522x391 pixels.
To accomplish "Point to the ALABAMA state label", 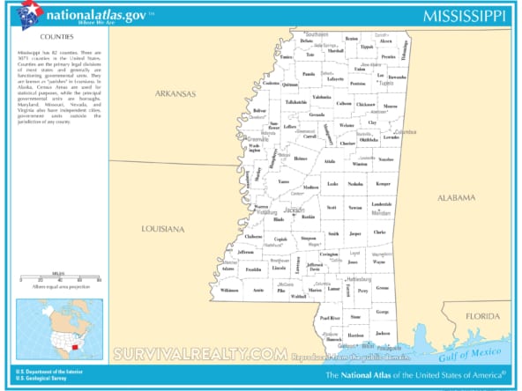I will [x=457, y=198].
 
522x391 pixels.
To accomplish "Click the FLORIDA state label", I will [x=482, y=315].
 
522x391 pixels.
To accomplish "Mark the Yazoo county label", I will [x=283, y=181].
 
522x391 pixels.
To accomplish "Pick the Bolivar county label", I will [x=235, y=111].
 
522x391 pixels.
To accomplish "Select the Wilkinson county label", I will [x=229, y=290].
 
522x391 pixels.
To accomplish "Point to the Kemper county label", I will [x=383, y=184].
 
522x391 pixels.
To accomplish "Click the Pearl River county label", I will [x=329, y=317].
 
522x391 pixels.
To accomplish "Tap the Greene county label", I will [x=382, y=288].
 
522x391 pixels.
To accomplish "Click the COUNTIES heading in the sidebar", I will [x=56, y=38].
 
